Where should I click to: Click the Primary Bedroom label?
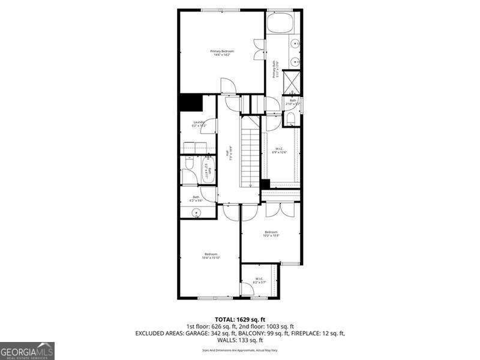pos(221,53)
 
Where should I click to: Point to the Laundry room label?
pos(199,124)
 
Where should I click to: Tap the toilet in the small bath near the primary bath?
pos(290,118)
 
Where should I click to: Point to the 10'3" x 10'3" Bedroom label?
pos(271,233)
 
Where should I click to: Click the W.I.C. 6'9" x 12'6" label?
pos(280,151)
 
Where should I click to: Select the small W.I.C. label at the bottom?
pos(259,280)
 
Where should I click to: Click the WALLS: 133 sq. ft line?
pos(239,340)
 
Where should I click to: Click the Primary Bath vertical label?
pos(275,70)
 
